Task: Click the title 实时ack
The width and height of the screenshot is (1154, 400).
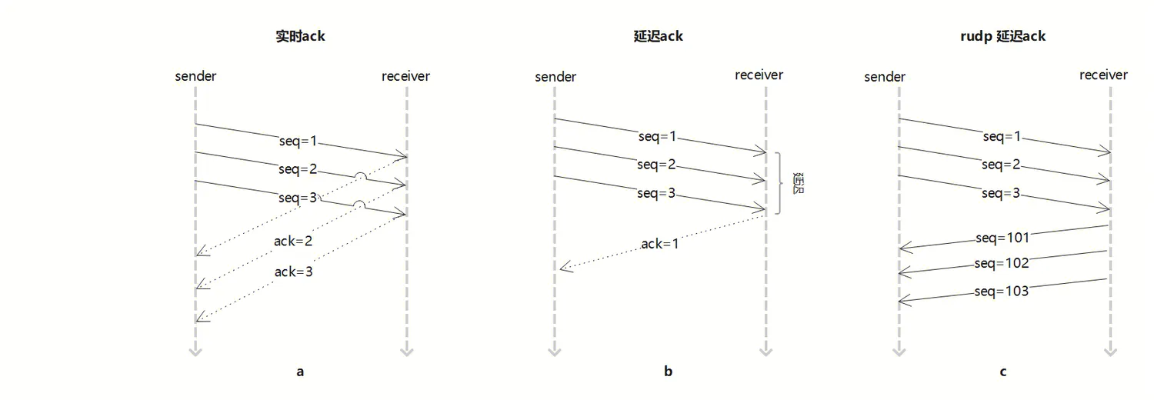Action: (300, 36)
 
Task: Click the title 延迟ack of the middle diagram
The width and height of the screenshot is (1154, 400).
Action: (652, 36)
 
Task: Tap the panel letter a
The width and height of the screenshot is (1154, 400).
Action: (300, 372)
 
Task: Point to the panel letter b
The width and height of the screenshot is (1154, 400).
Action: (668, 372)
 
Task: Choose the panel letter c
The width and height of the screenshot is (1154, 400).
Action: (1003, 372)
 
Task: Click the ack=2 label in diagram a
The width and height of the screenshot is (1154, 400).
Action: (292, 242)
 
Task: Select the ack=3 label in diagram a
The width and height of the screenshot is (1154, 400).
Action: (293, 272)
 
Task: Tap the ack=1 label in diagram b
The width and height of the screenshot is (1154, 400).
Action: (660, 244)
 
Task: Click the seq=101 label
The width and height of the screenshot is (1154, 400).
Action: (1002, 238)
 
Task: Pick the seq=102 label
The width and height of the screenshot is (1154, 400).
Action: (1001, 264)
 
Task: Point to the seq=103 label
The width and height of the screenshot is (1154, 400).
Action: (1001, 292)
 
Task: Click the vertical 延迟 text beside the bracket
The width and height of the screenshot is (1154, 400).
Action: (798, 184)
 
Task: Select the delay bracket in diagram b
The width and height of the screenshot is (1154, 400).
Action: (779, 183)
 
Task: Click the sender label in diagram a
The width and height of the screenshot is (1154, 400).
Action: (195, 76)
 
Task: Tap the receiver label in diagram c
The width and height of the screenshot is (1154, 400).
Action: (1103, 75)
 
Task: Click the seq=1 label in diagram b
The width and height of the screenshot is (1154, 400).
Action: (657, 136)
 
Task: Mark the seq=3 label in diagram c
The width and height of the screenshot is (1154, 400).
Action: (1001, 193)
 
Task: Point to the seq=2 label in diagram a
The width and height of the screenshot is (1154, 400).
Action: (298, 169)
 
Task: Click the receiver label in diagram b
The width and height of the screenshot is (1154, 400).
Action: (759, 75)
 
